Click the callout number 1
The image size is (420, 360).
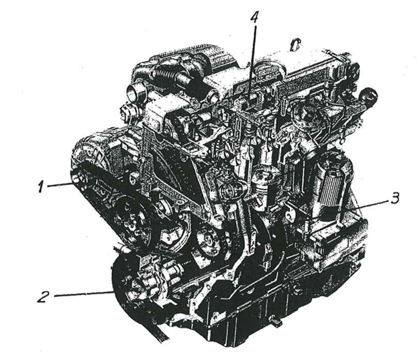[41, 186]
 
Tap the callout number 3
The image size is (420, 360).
[395, 198]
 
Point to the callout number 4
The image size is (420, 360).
[254, 18]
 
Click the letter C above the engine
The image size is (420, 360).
[295, 46]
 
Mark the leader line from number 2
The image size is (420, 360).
[83, 294]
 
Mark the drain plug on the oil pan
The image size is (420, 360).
[276, 321]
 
